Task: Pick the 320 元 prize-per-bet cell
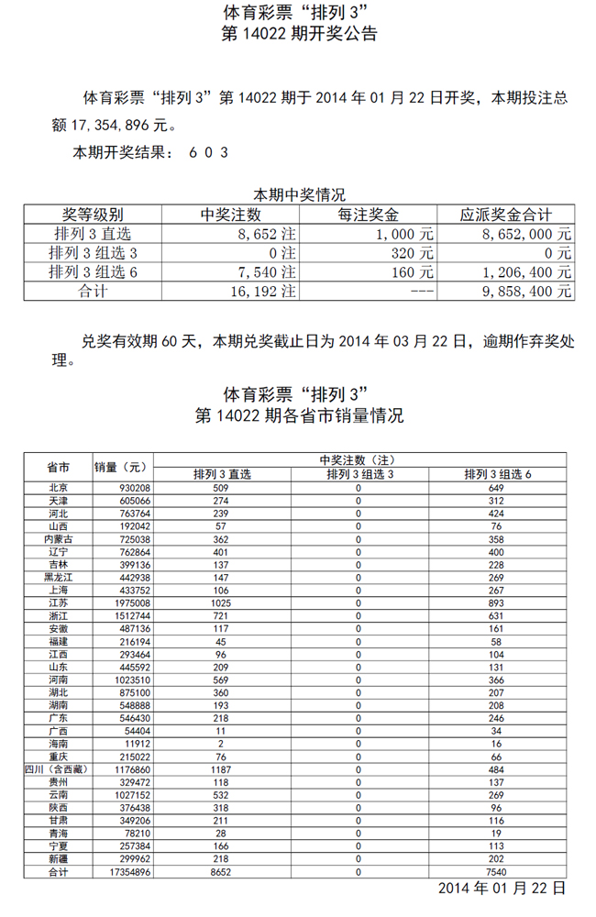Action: pyautogui.click(x=412, y=252)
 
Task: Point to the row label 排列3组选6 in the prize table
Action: pyautogui.click(x=94, y=271)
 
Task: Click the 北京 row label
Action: pyautogui.click(x=58, y=489)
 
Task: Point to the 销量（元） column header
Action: pyautogui.click(x=121, y=467)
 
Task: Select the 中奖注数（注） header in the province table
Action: pyautogui.click(x=358, y=459)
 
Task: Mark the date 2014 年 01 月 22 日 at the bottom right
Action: pyautogui.click(x=502, y=889)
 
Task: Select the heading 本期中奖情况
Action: pyautogui.click(x=298, y=194)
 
